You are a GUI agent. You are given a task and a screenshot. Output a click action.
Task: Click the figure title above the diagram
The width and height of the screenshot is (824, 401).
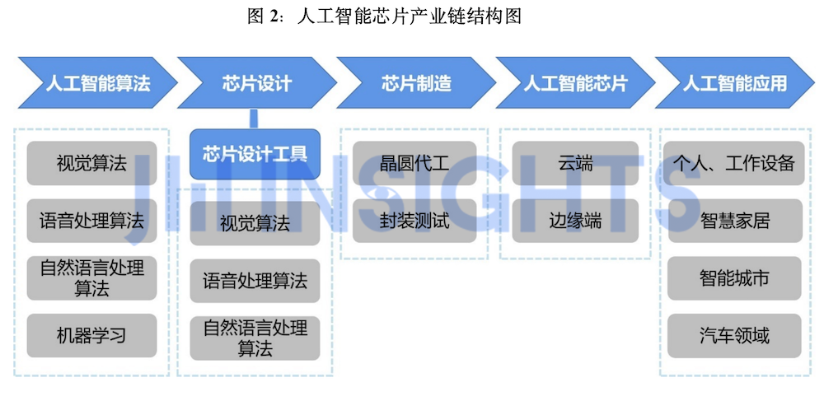[x=384, y=16]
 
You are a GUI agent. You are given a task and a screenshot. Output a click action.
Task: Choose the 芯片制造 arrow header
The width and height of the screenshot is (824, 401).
[x=416, y=83]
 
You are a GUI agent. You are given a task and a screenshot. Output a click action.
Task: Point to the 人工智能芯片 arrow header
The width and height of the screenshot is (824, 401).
[x=575, y=83]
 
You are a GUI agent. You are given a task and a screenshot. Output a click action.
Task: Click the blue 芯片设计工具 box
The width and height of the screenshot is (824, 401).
[x=255, y=154]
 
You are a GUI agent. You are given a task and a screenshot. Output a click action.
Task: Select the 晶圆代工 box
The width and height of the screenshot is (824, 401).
[x=414, y=163]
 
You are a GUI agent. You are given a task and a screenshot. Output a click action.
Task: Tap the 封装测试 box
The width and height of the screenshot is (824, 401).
[x=414, y=221]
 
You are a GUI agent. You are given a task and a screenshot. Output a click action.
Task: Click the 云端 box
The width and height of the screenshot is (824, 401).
[x=575, y=163]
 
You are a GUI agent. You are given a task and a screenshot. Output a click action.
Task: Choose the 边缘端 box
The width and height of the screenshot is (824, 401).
[x=575, y=221]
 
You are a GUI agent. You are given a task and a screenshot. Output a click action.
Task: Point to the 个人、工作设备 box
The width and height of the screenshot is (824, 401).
[x=734, y=163]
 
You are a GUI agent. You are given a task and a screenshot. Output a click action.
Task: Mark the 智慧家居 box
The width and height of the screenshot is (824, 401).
[x=734, y=221]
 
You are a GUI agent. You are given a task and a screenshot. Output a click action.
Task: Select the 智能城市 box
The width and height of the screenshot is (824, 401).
[x=734, y=278]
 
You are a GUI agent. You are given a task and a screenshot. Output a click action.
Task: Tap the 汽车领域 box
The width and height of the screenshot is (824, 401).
[x=734, y=335]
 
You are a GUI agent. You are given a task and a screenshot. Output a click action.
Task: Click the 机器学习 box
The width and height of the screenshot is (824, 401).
[x=92, y=335]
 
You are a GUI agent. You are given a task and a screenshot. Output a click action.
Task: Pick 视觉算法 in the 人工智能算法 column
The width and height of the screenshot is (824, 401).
[x=92, y=163]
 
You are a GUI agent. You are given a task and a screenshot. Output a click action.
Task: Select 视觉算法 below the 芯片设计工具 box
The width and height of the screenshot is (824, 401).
[x=255, y=223]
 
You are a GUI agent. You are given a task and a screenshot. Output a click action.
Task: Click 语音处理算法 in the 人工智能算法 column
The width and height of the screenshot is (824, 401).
[x=92, y=221]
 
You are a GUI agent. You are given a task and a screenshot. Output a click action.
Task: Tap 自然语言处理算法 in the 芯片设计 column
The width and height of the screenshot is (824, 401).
[x=255, y=338]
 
